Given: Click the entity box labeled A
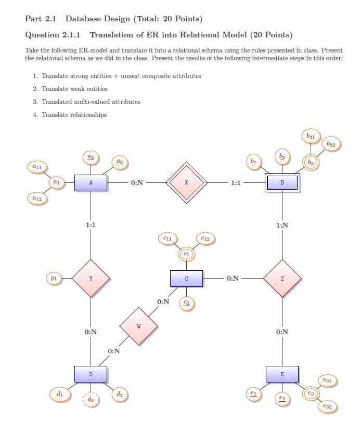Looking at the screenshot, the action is click(x=91, y=183).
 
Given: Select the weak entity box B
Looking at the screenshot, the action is click(x=282, y=183).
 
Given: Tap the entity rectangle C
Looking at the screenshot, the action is click(x=186, y=279).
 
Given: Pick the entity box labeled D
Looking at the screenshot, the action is click(x=91, y=374).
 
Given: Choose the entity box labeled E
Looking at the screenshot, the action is click(x=282, y=374).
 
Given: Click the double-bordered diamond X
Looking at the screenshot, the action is click(x=186, y=183).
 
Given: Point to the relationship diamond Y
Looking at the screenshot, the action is click(x=91, y=279).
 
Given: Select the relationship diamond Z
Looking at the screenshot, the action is click(x=282, y=279).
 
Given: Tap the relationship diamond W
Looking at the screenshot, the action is click(x=139, y=326).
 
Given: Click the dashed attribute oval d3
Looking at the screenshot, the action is click(x=91, y=399).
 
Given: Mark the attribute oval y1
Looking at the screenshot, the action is click(x=54, y=278).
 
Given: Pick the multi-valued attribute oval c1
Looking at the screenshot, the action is click(x=186, y=254).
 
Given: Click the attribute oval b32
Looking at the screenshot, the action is click(x=331, y=144).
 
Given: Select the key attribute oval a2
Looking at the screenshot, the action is click(x=91, y=157).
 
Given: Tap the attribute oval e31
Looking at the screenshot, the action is click(x=327, y=380).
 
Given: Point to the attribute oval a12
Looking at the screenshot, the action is click(x=37, y=199).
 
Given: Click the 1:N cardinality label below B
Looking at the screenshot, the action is click(x=282, y=225).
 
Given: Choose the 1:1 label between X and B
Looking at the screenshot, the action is click(x=236, y=183).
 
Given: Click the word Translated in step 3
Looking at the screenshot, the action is click(x=56, y=102).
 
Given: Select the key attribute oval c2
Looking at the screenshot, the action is click(x=186, y=304).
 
